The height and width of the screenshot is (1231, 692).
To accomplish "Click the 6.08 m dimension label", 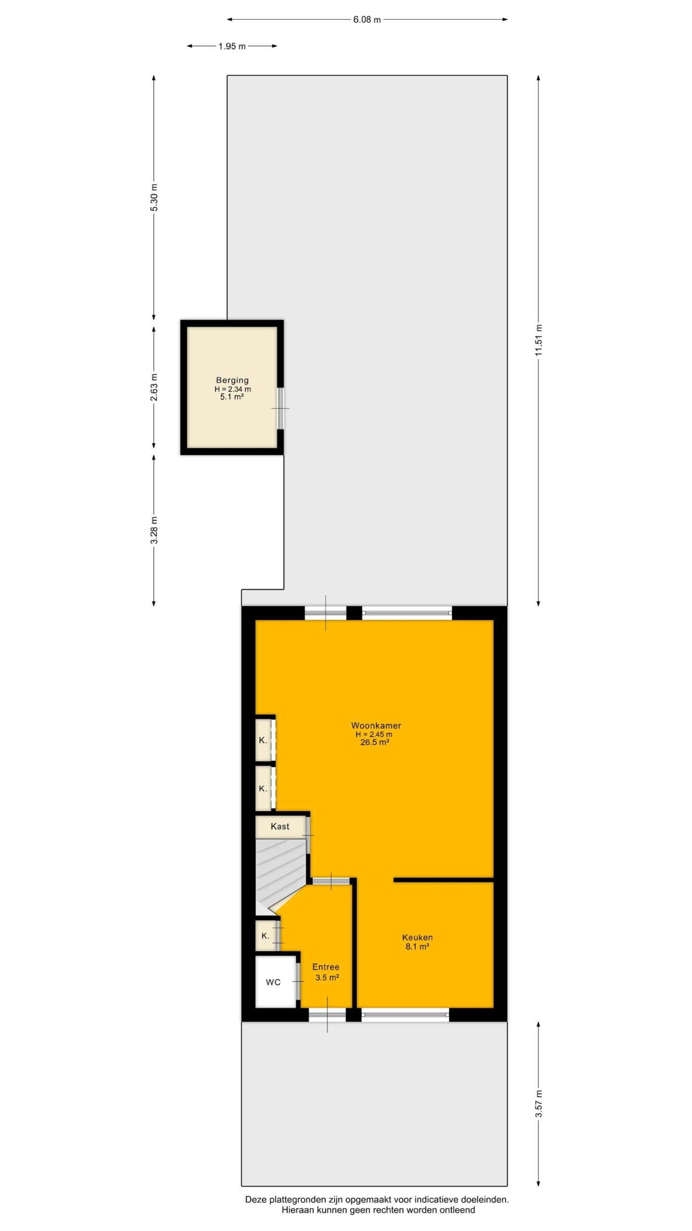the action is pos(367,20).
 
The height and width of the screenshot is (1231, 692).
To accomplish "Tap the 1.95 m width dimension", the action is pos(232,47).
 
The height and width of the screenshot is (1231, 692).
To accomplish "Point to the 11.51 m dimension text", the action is pos(538,340).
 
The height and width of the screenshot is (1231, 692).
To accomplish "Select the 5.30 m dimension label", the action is pos(154,198).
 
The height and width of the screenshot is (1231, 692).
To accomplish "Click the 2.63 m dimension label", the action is pos(154,387).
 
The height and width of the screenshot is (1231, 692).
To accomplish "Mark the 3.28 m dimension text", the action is pos(154,530).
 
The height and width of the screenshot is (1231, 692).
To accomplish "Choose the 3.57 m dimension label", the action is pos(538,1104).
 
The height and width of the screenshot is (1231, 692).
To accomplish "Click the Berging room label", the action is pos(232,380).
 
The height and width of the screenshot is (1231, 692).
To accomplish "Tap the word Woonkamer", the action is pos(376,726).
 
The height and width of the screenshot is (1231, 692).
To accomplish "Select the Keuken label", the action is pos(417,937).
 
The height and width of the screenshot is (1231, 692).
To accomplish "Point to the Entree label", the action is pos(326,967).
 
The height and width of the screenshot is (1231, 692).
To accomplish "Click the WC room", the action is pos(275,982).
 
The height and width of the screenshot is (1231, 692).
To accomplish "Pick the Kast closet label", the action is pos(280,827).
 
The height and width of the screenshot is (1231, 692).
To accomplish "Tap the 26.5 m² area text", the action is pos(375,742).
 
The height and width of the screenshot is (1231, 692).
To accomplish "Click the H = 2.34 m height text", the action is pos(233,389).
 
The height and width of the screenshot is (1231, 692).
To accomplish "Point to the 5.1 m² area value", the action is pos(232,397).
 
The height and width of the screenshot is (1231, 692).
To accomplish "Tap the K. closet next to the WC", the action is pos(265,936).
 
